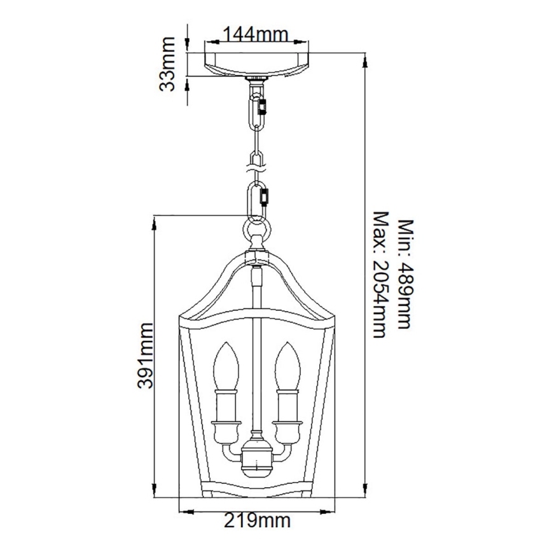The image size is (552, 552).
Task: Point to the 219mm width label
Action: [x=258, y=521]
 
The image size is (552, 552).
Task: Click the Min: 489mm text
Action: [x=406, y=274]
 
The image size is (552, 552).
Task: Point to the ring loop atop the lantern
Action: [x=258, y=228]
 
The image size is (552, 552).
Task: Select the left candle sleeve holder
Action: [x=227, y=406]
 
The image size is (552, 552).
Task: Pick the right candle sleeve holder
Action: [x=287, y=406]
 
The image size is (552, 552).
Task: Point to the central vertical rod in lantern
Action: [x=257, y=356]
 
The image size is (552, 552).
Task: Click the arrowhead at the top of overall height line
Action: [x=364, y=60]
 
